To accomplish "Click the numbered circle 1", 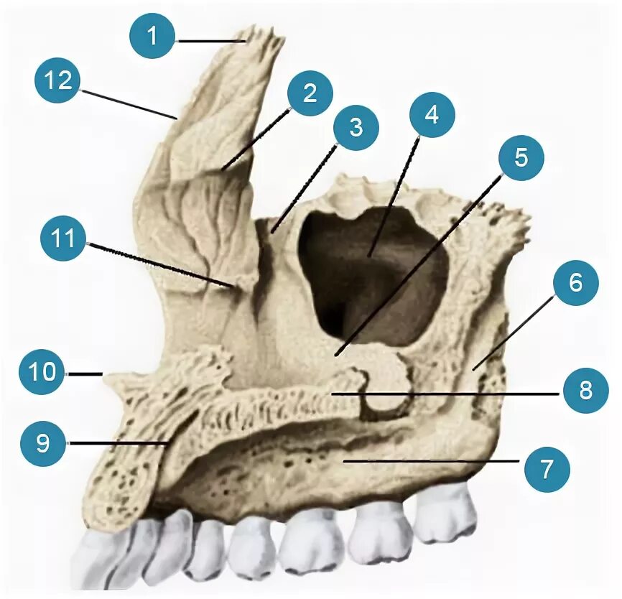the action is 152,38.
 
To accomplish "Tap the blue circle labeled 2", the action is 310,93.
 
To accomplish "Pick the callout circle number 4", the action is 431,115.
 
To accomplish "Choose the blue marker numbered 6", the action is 575,284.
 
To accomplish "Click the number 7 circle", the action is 547,469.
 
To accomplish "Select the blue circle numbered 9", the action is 43,443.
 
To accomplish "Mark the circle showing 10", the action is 42,372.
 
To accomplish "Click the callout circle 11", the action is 64,238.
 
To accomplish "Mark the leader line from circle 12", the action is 126,101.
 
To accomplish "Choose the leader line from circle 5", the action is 417,266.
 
